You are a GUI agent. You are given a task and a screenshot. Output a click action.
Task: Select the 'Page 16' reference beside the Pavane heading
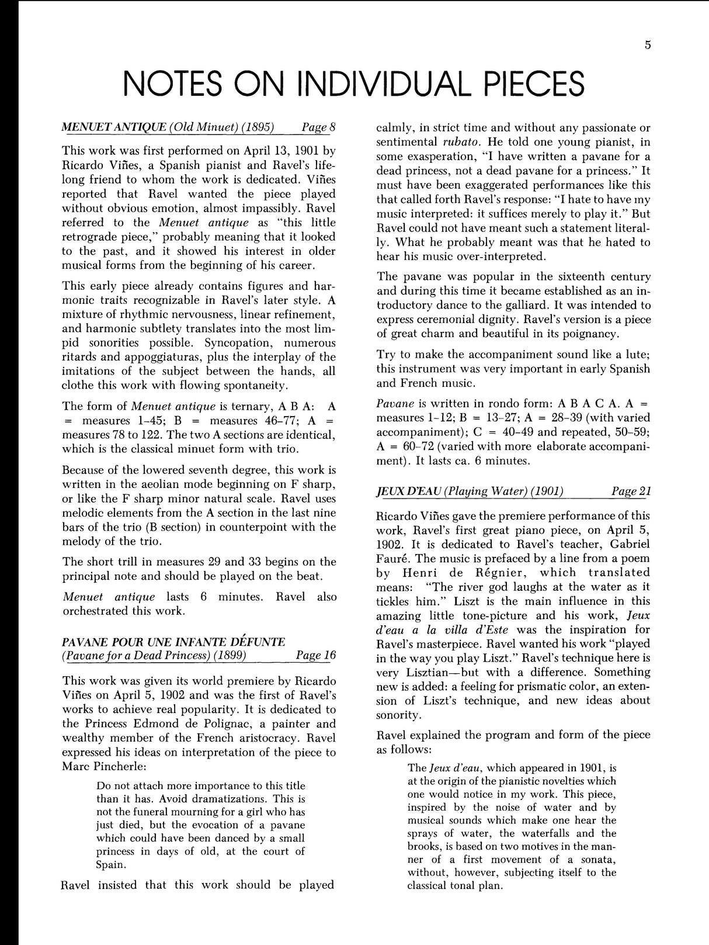click(316, 655)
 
